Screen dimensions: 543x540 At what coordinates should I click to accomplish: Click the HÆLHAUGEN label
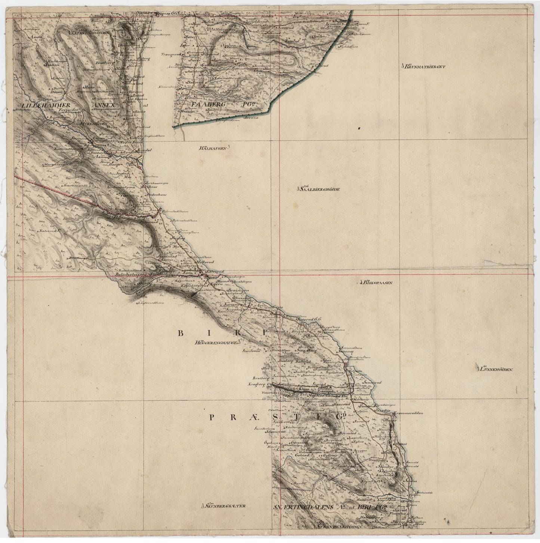coord(213,149)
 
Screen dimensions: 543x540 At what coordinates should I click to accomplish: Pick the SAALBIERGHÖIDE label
coord(320,189)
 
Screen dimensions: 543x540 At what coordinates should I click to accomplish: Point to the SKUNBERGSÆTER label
coord(226,506)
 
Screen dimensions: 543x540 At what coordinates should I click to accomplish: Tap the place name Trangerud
coord(170,54)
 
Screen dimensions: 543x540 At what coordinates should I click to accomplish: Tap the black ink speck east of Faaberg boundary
coord(359,128)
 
